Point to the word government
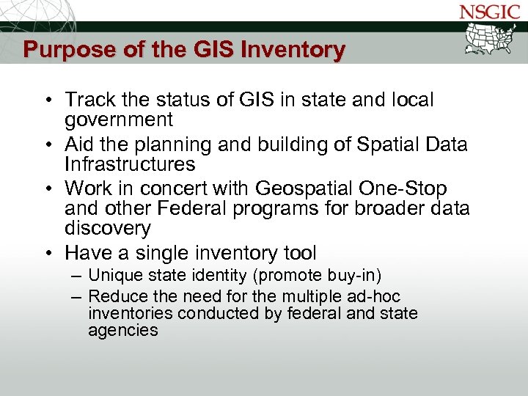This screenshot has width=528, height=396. point(119,120)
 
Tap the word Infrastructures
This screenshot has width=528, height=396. point(130,164)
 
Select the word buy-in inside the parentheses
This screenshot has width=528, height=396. point(357,276)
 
